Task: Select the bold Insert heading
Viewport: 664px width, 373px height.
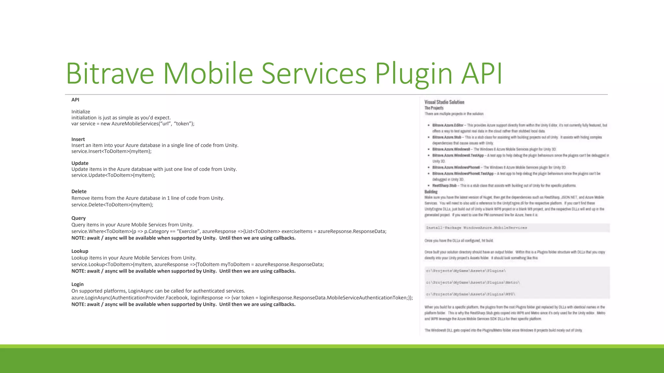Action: pyautogui.click(x=78, y=139)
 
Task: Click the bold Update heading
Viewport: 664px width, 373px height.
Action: pyautogui.click(x=80, y=163)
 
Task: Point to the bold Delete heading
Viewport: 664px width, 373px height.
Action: pyautogui.click(x=79, y=191)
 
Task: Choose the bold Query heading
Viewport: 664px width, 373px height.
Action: pyautogui.click(x=78, y=218)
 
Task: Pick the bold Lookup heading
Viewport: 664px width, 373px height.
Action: pyautogui.click(x=80, y=251)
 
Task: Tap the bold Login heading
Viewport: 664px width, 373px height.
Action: pyautogui.click(x=77, y=284)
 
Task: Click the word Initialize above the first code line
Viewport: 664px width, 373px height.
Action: pyautogui.click(x=81, y=112)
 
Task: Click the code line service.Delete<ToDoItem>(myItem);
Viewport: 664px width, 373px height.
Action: pyautogui.click(x=112, y=205)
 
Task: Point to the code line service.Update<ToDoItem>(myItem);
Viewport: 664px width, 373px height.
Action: pyautogui.click(x=113, y=175)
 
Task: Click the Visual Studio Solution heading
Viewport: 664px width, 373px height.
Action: pyautogui.click(x=444, y=102)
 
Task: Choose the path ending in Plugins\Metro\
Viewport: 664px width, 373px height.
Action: pyautogui.click(x=473, y=282)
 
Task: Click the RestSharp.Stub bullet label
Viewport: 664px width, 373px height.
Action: pyautogui.click(x=444, y=186)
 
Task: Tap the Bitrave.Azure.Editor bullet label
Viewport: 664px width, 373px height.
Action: pyautogui.click(x=448, y=125)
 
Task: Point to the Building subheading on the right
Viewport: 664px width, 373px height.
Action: pyautogui.click(x=431, y=192)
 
